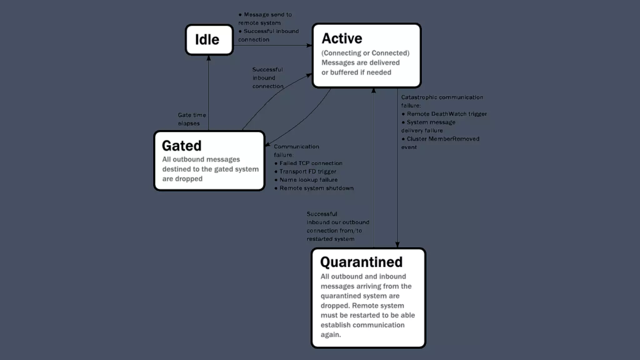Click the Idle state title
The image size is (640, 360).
click(x=207, y=40)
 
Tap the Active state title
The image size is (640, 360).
click(x=342, y=38)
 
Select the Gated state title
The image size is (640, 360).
click(x=182, y=146)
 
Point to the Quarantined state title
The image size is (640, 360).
click(x=361, y=262)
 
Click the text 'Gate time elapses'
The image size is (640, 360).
click(x=192, y=119)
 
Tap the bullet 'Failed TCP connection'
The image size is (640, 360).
click(x=311, y=163)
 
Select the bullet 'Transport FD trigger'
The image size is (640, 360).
click(x=307, y=172)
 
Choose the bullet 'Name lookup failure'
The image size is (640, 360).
click(x=308, y=180)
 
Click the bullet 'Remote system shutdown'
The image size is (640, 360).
click(x=316, y=188)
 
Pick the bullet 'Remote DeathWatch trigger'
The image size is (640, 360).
click(x=447, y=114)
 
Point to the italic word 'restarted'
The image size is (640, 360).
click(x=319, y=239)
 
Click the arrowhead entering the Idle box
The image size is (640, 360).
click(x=209, y=58)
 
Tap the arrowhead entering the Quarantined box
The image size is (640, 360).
click(x=397, y=245)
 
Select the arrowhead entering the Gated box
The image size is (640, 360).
click(x=268, y=144)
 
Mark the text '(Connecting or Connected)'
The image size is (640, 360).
click(x=365, y=53)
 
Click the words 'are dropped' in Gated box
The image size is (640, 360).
click(x=182, y=179)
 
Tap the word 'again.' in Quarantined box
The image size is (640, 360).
click(x=331, y=335)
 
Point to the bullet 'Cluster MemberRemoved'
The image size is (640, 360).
click(x=443, y=139)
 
